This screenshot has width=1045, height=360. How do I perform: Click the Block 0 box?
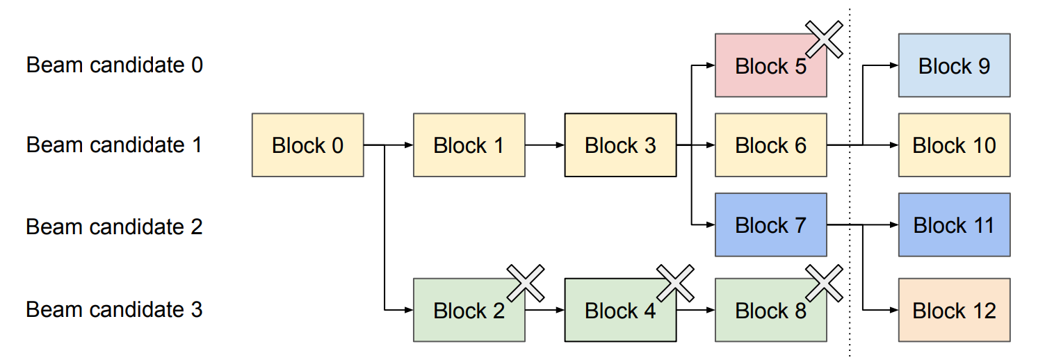click(307, 145)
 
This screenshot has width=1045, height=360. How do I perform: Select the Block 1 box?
click(469, 145)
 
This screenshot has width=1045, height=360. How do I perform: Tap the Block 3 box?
click(620, 145)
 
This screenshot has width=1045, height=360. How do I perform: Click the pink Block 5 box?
click(770, 66)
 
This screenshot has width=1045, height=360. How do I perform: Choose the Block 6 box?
click(770, 145)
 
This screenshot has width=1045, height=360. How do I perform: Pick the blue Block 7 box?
click(770, 225)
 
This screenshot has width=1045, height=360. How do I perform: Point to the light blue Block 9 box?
click(954, 65)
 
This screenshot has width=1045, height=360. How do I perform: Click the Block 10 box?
click(954, 145)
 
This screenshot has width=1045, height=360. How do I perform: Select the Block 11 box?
click(954, 225)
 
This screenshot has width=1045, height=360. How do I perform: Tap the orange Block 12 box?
click(954, 310)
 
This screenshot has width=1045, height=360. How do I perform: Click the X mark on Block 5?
click(824, 38)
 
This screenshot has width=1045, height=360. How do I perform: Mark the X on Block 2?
click(526, 283)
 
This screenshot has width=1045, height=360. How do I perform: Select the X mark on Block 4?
click(676, 283)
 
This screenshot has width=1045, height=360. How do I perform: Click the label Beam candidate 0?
click(115, 65)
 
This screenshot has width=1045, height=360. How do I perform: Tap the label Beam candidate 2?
click(115, 227)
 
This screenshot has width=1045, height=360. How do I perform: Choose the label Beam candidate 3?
click(115, 309)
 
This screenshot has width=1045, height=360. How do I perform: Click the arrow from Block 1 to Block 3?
click(544, 145)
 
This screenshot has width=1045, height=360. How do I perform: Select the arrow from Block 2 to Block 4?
click(544, 310)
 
